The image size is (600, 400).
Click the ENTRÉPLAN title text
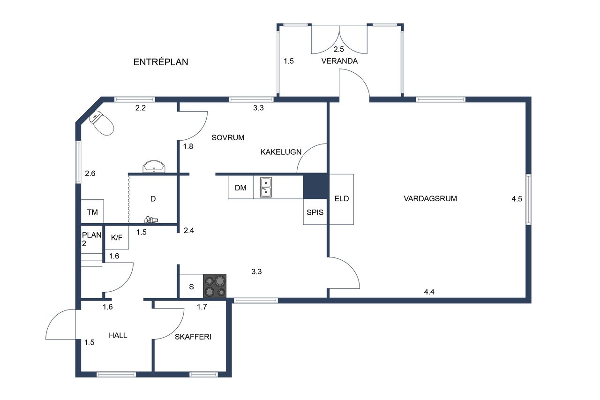coord(161,62)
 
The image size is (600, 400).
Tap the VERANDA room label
coord(339,61)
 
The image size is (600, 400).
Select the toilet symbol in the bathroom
coord(102,123)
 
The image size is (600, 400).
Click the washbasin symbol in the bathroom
coord(154,166)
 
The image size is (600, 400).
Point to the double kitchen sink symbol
coord(266,187)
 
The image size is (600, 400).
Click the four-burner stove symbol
coord(215,286)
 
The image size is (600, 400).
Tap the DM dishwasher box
coord(240,187)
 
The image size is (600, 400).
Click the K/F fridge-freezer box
coord(117,237)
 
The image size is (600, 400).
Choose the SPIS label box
coord(315,212)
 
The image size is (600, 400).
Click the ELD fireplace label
coord(342,198)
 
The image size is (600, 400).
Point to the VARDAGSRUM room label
coord(430,198)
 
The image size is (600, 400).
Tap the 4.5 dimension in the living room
coord(517,199)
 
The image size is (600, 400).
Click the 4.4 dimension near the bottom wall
coord(429,292)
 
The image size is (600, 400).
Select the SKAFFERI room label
coord(193,337)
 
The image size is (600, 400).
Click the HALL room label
coord(118,335)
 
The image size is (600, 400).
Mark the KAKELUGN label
coord(281,152)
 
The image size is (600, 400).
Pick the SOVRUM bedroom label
coord(228,138)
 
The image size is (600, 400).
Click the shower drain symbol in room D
coord(151,220)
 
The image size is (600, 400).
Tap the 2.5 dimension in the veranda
coord(338,49)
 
